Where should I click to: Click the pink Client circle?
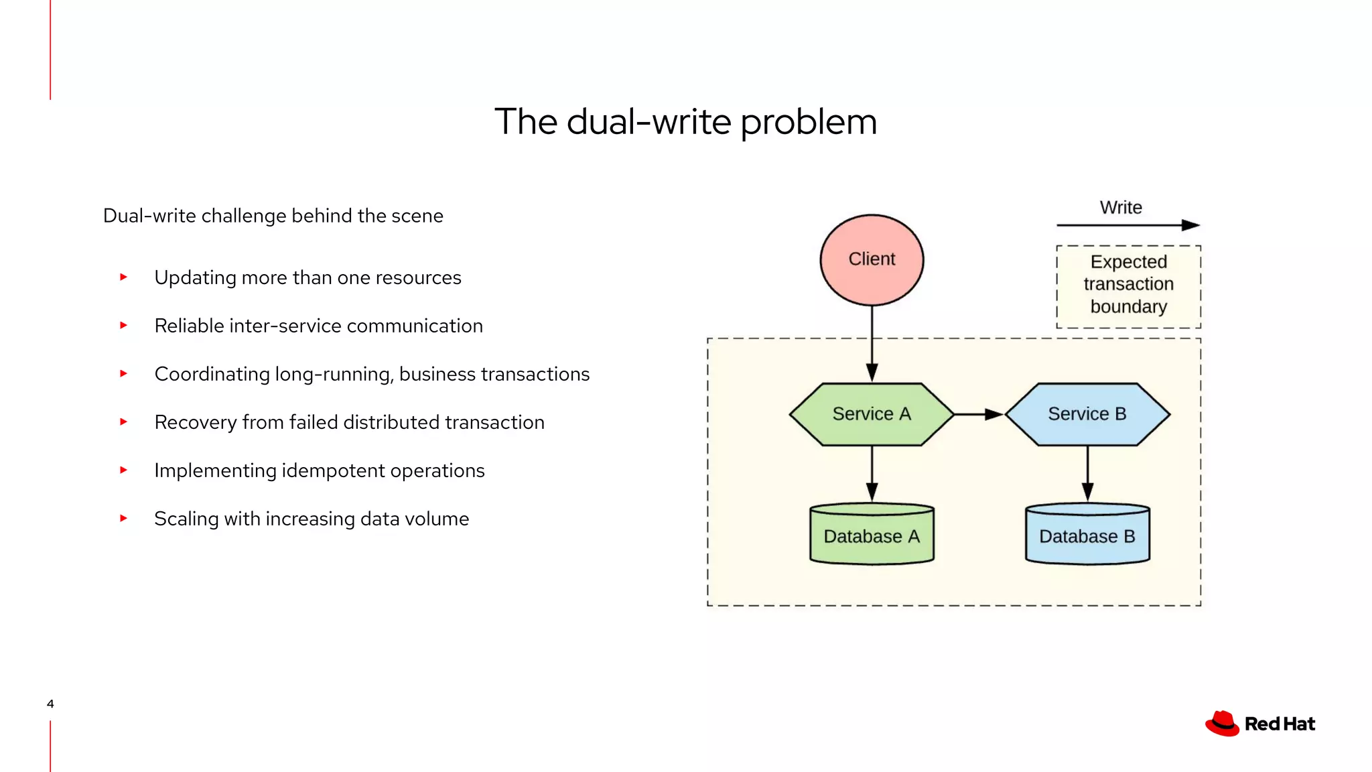tap(872, 260)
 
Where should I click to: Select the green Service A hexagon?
tap(872, 414)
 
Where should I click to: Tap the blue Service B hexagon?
tap(1087, 414)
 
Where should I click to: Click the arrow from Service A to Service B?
tap(978, 414)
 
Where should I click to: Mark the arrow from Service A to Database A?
tap(872, 473)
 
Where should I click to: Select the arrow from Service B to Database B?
tap(1087, 473)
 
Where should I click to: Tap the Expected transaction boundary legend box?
tap(1128, 286)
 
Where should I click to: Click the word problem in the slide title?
tap(808, 123)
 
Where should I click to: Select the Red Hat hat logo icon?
tap(1222, 724)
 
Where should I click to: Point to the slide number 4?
tap(50, 704)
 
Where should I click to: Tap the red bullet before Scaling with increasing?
tap(123, 518)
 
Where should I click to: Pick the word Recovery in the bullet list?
tap(195, 422)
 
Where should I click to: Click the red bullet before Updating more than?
tap(123, 277)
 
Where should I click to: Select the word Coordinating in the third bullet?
tap(212, 374)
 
